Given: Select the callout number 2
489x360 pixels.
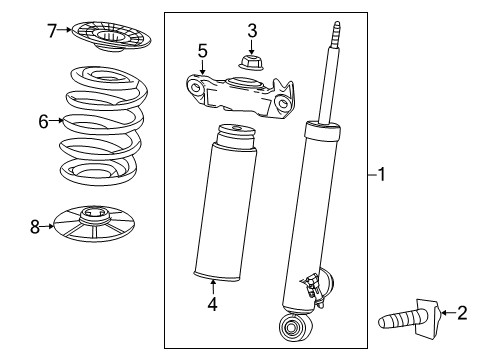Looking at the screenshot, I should click(461, 313).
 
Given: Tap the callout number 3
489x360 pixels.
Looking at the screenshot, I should click(252, 30).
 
